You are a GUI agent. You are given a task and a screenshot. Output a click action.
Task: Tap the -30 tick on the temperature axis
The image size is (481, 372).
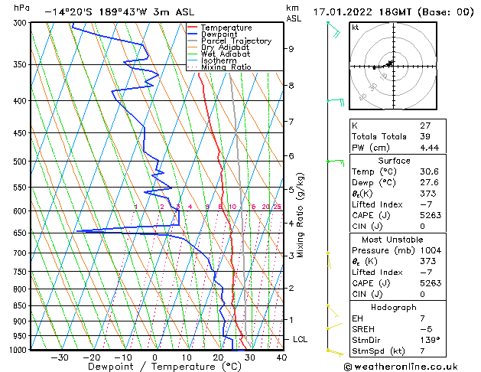60,357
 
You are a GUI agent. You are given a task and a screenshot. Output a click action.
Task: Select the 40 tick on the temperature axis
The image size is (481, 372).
281,357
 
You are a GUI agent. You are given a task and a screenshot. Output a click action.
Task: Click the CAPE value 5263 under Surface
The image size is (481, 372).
429,215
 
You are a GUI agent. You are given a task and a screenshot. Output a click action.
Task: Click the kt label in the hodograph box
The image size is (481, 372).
355,27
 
